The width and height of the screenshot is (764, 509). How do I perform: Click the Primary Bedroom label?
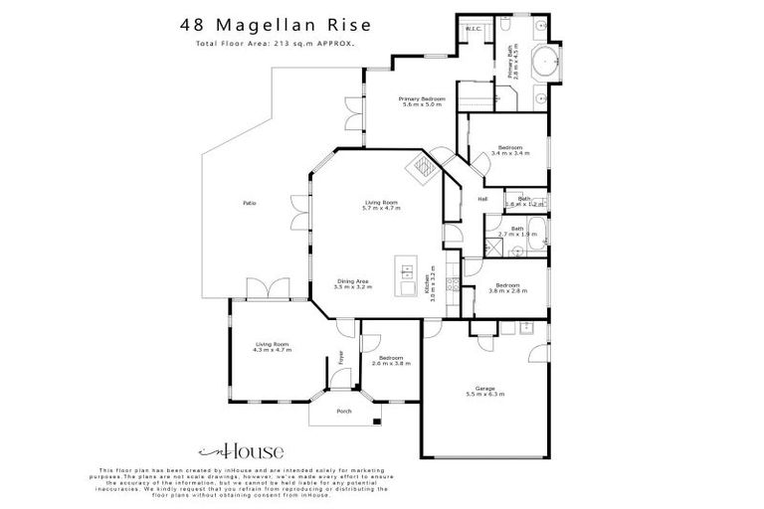(422, 101)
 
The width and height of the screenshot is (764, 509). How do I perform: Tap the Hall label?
(482, 199)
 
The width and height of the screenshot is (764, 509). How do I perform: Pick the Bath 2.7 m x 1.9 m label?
(517, 231)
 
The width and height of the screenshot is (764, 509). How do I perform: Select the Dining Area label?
(353, 283)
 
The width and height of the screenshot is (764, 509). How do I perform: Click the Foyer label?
(340, 358)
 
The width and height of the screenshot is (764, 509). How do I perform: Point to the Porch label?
(344, 411)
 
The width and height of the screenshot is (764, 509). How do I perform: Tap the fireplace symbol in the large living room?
(425, 166)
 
